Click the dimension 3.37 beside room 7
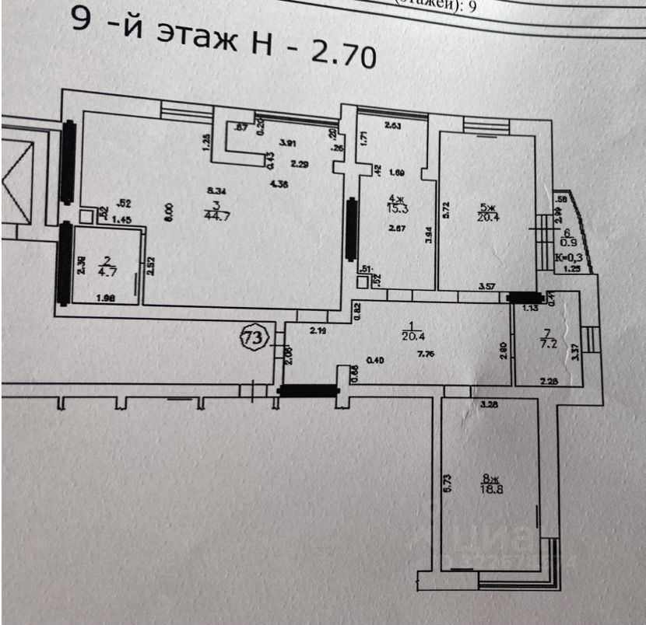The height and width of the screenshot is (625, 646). tap(575, 352)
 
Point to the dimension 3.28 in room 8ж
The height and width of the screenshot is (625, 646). tap(490, 404)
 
